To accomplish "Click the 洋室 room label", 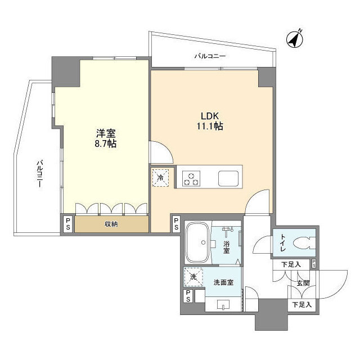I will [106, 133].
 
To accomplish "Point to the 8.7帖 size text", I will [106, 145].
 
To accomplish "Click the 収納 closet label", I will [111, 224].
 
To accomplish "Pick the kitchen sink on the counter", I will [229, 178].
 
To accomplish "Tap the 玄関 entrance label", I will [302, 283].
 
